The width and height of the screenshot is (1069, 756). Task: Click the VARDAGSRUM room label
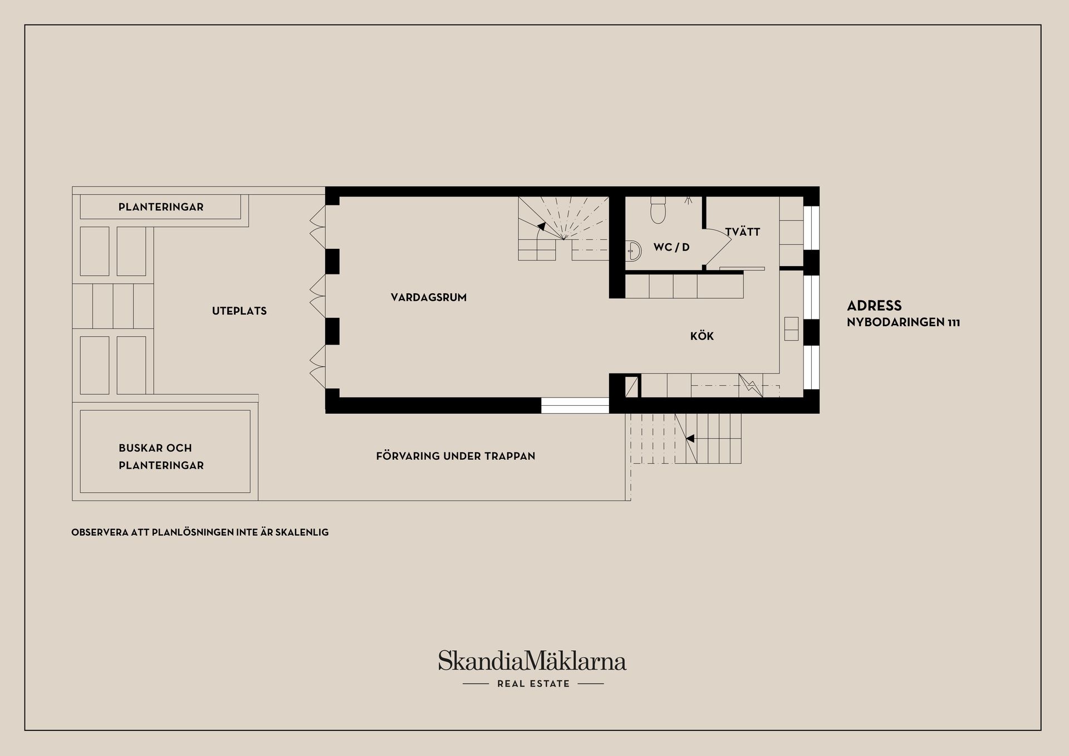429,297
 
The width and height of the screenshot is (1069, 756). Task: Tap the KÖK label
702,336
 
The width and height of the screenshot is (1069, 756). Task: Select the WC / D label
671,247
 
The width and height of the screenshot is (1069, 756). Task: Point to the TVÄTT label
742,231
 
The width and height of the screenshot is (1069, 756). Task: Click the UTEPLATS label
239,311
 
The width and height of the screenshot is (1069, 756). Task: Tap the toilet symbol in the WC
658,210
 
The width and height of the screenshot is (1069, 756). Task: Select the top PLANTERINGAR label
161,207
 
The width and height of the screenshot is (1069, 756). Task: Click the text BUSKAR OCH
155,448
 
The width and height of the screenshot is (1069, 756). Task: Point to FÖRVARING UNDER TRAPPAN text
455,456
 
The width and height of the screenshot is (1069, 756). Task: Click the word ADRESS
874,306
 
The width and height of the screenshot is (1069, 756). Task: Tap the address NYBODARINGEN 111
903,322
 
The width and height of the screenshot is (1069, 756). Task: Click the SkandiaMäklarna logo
532,661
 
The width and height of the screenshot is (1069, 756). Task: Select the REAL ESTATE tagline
533,684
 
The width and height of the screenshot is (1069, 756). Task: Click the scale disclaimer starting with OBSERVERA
200,532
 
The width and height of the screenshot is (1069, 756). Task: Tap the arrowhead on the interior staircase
541,226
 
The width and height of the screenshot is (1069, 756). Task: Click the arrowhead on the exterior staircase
690,438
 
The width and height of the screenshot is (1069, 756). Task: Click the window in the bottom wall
575,405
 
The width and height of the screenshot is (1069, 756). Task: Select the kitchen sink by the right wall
791,328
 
